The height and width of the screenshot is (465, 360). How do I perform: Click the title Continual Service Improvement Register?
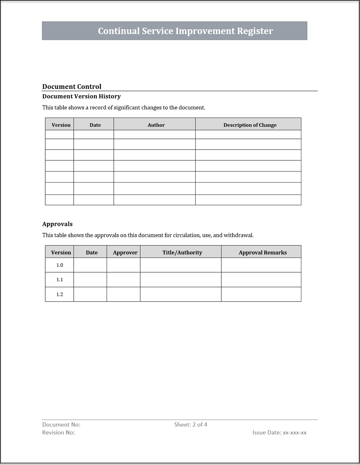pyautogui.click(x=185, y=31)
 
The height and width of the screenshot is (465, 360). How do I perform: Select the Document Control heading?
pyautogui.click(x=72, y=87)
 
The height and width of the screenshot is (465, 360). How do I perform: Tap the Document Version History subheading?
pyautogui.click(x=81, y=96)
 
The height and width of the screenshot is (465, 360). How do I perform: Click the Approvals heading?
pyautogui.click(x=57, y=224)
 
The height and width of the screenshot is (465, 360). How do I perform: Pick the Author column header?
pyautogui.click(x=156, y=125)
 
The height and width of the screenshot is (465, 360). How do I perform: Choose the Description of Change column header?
pyautogui.click(x=250, y=125)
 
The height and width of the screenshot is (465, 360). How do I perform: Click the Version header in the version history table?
pyautogui.click(x=61, y=125)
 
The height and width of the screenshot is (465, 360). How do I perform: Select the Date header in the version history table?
pyautogui.click(x=95, y=125)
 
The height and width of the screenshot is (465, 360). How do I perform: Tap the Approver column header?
pyautogui.click(x=125, y=252)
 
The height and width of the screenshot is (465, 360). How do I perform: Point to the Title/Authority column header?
pyautogui.click(x=182, y=252)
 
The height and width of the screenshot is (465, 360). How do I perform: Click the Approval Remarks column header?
pyautogui.click(x=263, y=252)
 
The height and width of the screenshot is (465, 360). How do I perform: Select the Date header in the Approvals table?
pyautogui.click(x=92, y=252)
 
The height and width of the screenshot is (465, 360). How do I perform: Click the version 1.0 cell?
pyautogui.click(x=60, y=265)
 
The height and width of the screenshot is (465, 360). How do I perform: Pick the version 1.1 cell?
pyautogui.click(x=60, y=280)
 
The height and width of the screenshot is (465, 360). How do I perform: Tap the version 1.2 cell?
pyautogui.click(x=60, y=294)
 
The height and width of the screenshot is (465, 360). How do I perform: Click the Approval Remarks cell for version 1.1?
pyautogui.click(x=261, y=280)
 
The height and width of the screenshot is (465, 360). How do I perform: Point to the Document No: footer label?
pyautogui.click(x=61, y=425)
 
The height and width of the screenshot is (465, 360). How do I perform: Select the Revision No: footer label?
pyautogui.click(x=59, y=433)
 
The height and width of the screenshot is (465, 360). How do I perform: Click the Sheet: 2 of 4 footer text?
pyautogui.click(x=191, y=425)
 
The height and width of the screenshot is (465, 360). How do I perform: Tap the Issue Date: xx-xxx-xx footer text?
pyautogui.click(x=279, y=433)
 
